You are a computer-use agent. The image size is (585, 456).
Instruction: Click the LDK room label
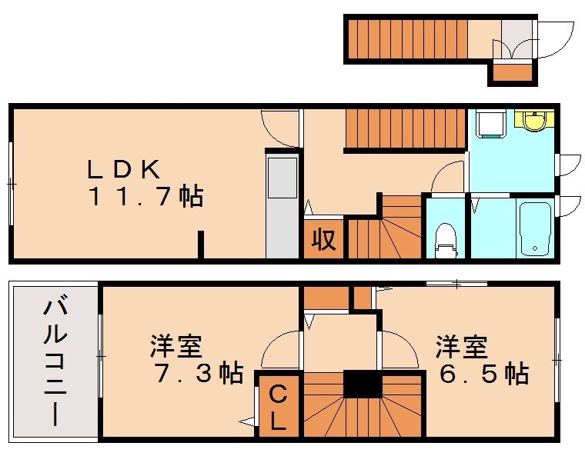tap(123, 168)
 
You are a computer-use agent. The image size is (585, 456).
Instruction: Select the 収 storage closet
tap(323, 240)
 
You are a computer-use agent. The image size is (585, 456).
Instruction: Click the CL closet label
tap(278, 408)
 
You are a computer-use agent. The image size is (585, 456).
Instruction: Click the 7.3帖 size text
tap(198, 374)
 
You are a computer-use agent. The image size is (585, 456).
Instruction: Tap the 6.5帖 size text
tap(483, 374)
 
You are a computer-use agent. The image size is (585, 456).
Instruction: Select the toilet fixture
tap(445, 237)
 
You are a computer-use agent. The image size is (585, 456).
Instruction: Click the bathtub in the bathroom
tap(533, 228)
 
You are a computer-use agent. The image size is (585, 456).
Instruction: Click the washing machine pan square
tap(489, 123)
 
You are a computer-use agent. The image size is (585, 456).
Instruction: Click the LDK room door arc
tap(279, 128)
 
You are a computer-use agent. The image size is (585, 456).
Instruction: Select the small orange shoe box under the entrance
tap(512, 74)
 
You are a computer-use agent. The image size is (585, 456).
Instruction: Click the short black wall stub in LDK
tap(200, 245)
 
